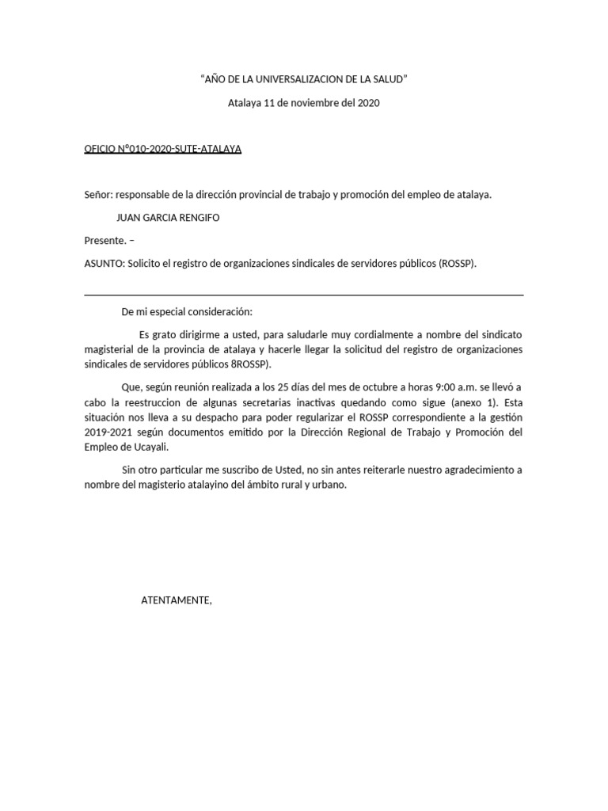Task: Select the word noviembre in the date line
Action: [310, 103]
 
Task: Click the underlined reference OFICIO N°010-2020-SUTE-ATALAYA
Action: [163, 149]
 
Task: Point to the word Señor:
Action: [100, 194]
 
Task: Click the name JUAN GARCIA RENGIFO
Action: [169, 217]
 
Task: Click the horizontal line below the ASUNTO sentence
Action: [304, 295]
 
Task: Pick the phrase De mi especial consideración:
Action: [186, 312]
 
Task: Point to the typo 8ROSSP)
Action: [251, 364]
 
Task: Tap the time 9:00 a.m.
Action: [431, 386]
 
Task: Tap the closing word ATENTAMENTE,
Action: [177, 600]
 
